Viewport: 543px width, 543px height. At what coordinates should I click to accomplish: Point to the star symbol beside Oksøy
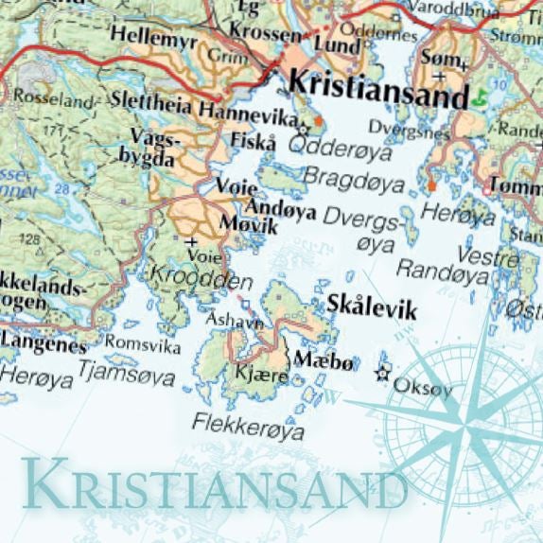(383, 374)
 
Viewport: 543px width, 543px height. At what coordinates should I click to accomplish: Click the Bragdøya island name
(349, 177)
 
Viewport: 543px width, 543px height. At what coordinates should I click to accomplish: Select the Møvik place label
(247, 225)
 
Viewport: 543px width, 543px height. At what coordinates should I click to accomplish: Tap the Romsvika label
(142, 345)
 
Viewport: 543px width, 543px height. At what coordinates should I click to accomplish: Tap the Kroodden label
(200, 280)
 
